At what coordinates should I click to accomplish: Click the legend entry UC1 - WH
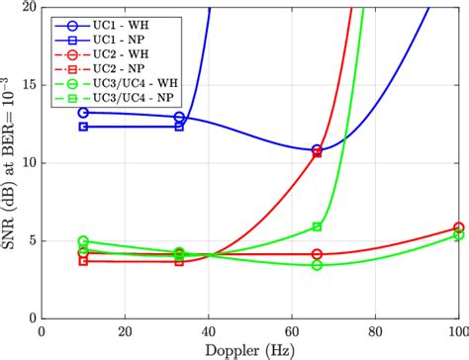point(119,23)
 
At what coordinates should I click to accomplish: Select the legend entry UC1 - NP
point(119,39)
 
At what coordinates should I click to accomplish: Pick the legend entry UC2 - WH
point(119,53)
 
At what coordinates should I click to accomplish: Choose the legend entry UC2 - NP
point(119,69)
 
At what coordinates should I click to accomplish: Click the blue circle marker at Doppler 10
point(83,113)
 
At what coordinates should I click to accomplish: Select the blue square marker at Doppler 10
point(83,127)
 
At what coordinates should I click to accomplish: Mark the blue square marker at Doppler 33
point(179,127)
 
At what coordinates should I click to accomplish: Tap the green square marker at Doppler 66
point(317,226)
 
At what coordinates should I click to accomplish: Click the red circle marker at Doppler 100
point(458,227)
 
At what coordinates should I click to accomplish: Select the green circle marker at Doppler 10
point(83,240)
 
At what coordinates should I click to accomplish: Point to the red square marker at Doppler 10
point(83,260)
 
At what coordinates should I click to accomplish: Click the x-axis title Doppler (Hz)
point(250,350)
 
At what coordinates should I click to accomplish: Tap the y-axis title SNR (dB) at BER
point(12,163)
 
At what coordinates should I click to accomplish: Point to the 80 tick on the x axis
point(375,318)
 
